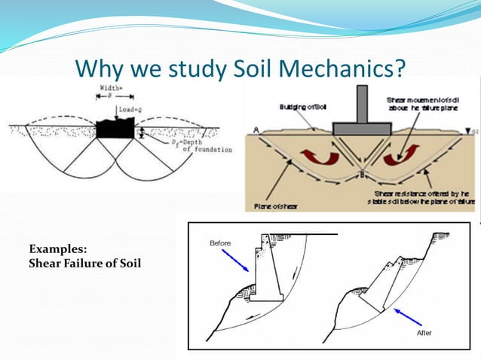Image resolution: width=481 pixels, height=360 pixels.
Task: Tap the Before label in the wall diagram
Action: pos(219,243)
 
